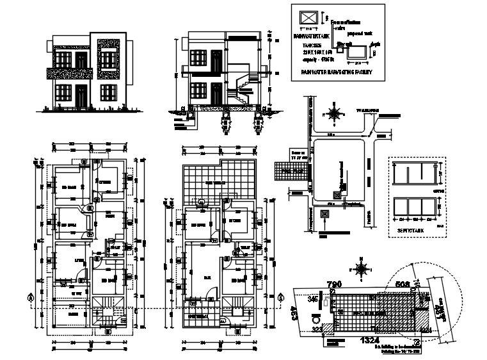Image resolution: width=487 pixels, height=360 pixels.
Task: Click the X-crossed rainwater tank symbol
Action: pos(309,16)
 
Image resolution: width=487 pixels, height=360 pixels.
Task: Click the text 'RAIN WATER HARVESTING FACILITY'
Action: pos(336,72)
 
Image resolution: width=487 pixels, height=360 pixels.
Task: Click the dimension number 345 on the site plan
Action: pos(313,299)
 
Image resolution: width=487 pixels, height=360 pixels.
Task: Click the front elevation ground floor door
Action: pos(81,98)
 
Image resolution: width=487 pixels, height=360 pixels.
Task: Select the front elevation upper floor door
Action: pos(81,61)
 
